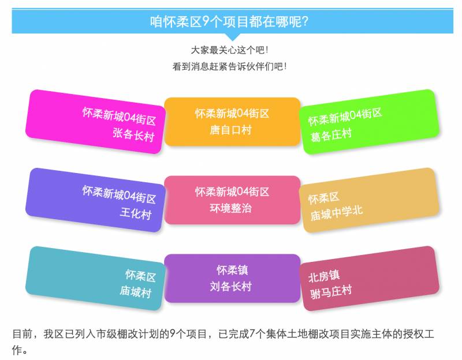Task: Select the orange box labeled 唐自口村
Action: click(232, 121)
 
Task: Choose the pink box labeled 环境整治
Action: click(232, 200)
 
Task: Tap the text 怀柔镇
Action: click(232, 270)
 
